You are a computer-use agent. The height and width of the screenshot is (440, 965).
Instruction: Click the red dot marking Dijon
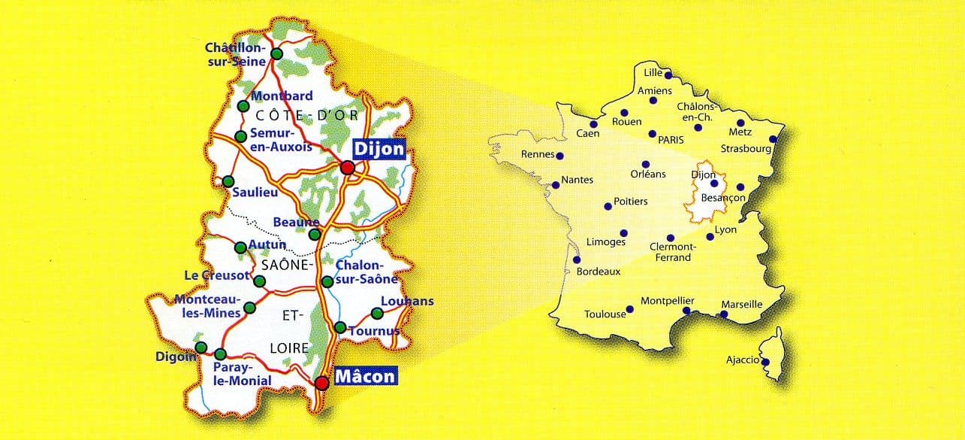347,168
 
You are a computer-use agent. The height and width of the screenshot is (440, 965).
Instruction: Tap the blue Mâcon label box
364,376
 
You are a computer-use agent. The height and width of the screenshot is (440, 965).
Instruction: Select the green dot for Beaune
315,234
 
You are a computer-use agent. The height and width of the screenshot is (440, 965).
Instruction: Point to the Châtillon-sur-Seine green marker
276,54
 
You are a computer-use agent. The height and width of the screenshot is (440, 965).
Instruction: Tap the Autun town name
268,244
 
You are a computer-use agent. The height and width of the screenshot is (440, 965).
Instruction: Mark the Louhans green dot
376,314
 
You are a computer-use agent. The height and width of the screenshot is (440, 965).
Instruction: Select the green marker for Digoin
201,347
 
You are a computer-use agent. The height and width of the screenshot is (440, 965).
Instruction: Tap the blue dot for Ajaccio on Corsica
765,362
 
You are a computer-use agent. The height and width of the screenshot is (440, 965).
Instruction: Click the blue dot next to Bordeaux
576,260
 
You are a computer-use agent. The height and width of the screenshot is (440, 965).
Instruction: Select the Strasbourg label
746,149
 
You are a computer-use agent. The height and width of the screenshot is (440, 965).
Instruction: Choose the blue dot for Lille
668,75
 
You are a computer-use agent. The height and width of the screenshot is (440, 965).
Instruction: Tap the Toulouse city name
605,314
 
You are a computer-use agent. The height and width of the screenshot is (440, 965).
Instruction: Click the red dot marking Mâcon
322,383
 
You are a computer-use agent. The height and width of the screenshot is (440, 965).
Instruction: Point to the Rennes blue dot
560,156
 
